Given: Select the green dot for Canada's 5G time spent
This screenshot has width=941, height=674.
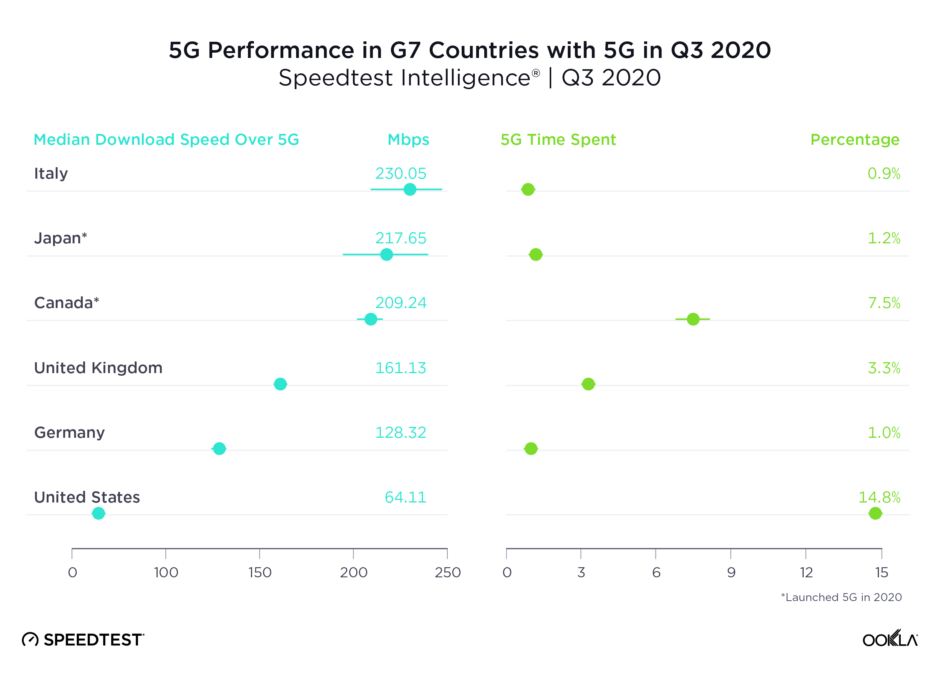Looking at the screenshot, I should [x=693, y=319].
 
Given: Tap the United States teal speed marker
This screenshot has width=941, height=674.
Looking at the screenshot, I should [x=98, y=513].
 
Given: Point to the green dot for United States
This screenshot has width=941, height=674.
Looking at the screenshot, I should [x=875, y=513].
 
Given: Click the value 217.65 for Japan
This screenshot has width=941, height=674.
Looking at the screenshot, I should [x=400, y=238].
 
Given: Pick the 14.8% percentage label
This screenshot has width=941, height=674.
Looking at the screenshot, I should [x=879, y=497].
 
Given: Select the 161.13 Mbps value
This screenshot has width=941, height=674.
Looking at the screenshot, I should [x=400, y=368].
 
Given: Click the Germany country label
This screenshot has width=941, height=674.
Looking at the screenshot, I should [x=69, y=433].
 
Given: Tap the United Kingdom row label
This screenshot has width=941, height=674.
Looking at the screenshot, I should [x=98, y=368].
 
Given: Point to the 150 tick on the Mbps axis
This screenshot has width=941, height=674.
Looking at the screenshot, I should [x=260, y=572].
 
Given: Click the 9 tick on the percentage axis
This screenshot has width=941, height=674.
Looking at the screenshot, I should [x=731, y=572].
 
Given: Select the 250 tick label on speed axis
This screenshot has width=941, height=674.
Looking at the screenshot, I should [x=447, y=572].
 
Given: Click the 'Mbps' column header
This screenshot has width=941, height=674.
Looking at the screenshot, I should [x=408, y=140].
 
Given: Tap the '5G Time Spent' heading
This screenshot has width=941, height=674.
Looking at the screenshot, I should [x=558, y=140].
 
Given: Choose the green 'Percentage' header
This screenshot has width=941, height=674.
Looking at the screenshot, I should [x=854, y=140].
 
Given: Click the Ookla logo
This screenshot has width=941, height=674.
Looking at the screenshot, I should [x=889, y=639].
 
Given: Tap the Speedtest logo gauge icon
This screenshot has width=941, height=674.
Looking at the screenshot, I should [x=30, y=639].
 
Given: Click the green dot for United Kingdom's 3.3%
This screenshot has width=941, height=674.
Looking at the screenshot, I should [x=588, y=384].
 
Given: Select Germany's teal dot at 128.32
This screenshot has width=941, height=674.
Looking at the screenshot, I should [x=219, y=448].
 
